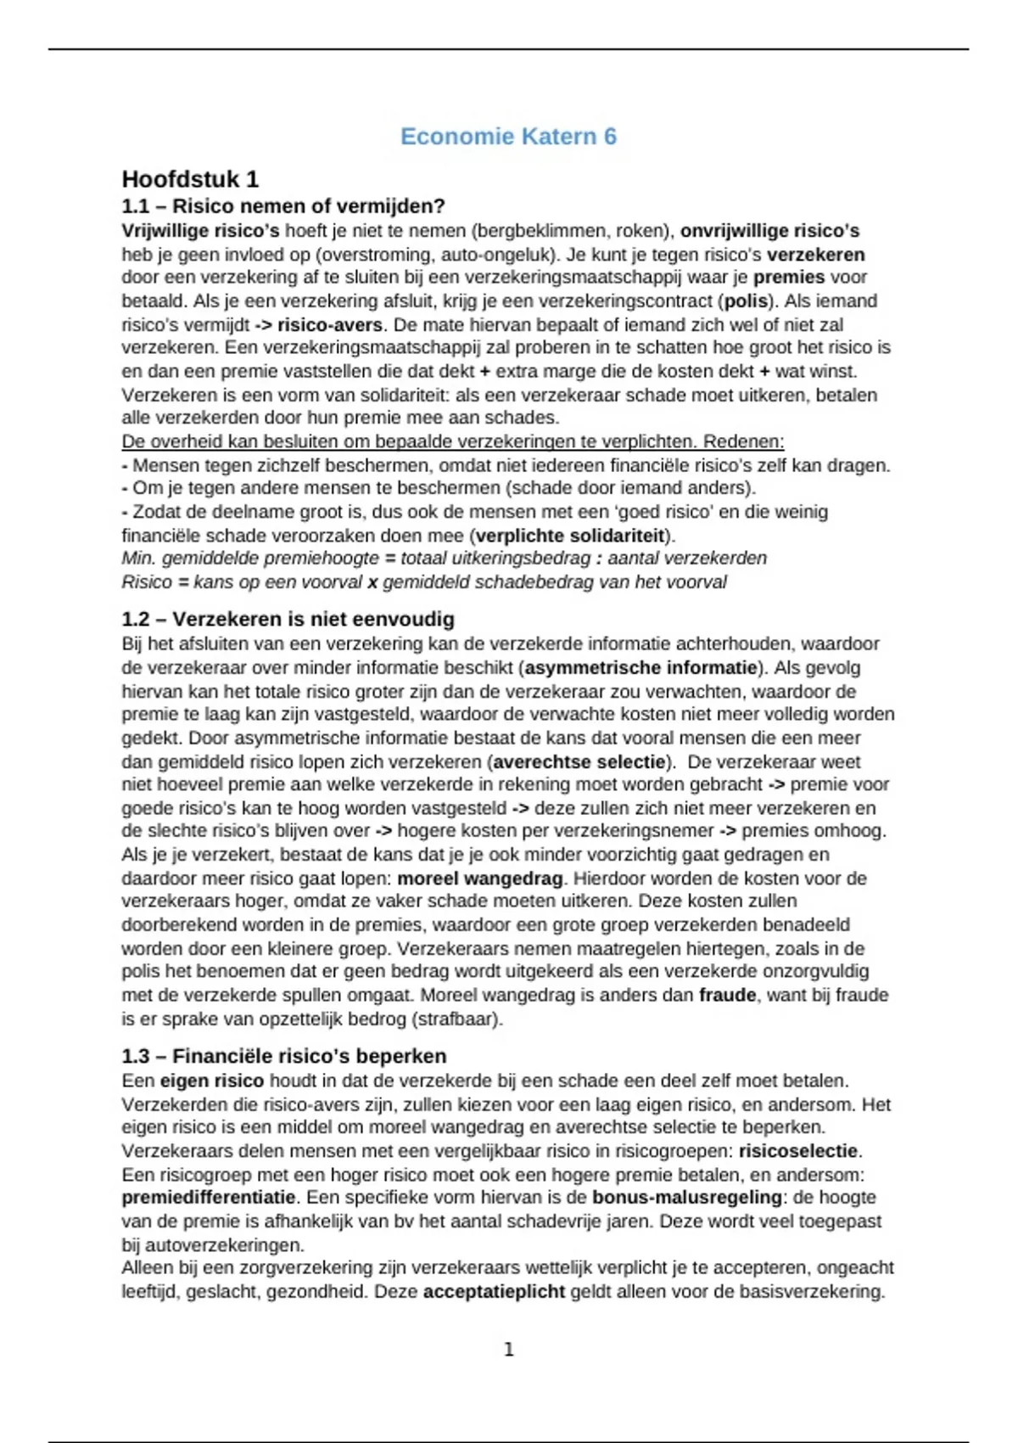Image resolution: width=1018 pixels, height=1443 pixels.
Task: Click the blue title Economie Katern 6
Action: pos(508,137)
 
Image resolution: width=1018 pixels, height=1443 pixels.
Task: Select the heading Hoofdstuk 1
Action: pos(190,179)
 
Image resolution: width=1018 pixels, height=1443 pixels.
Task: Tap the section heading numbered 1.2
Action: pos(288,619)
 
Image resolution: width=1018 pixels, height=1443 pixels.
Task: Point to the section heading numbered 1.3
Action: pos(284,1056)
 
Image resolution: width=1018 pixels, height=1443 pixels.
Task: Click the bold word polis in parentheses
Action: pos(747,301)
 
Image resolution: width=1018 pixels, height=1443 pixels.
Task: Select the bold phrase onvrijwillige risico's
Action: pos(770,231)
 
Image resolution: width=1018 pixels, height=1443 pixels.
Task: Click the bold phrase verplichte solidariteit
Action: pos(570,536)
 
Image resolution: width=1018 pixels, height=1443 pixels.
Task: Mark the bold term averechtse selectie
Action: pos(579,762)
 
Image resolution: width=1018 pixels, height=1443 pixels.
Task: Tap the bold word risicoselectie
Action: pos(798,1152)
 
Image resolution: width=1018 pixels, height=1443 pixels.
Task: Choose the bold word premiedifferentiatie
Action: pos(209,1198)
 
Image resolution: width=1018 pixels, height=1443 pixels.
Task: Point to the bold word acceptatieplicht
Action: pos(494,1292)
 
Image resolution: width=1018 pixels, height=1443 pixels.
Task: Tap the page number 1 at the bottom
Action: pos(509,1350)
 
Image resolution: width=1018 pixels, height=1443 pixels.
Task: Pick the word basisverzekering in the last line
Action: pos(814,1292)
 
